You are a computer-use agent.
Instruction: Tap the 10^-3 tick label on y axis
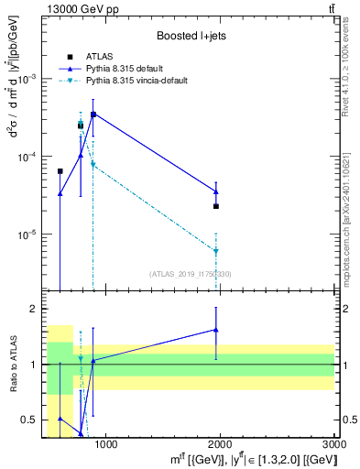(32, 79)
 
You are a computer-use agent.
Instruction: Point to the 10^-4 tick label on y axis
(32, 157)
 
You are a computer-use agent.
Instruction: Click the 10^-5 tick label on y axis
(32, 234)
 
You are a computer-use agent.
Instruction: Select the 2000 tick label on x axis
(220, 444)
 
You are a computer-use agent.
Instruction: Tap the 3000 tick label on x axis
(333, 444)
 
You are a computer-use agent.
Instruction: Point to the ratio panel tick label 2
(37, 309)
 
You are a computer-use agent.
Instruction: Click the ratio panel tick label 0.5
(33, 420)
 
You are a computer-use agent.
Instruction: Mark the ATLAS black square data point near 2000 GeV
(216, 206)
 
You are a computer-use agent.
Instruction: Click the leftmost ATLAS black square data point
(60, 171)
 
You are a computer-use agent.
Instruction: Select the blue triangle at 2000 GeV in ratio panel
(216, 330)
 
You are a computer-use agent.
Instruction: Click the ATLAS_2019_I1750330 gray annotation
(191, 272)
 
